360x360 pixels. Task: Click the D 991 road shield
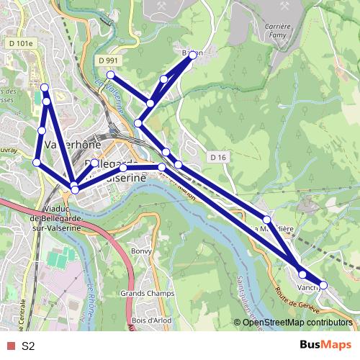[108, 60]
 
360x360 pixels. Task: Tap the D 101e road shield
[22, 43]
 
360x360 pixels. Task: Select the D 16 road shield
[219, 157]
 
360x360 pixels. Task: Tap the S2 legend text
[28, 346]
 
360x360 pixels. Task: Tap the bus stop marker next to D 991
[111, 75]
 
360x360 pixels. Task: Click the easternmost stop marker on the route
[323, 285]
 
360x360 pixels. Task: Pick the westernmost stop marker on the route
[37, 163]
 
